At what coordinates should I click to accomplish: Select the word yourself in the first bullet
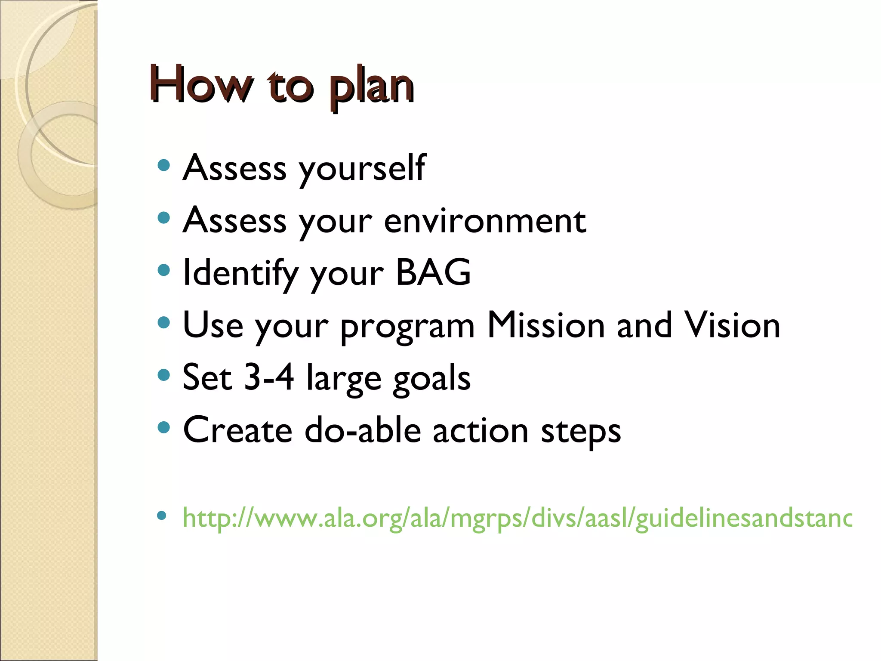pyautogui.click(x=362, y=169)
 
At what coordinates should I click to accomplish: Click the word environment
pyautogui.click(x=485, y=221)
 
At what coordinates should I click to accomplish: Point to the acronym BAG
pyautogui.click(x=433, y=272)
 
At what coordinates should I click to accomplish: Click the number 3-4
pyautogui.click(x=269, y=377)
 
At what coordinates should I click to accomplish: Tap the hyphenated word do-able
pyautogui.click(x=363, y=430)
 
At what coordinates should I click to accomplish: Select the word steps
pyautogui.click(x=580, y=432)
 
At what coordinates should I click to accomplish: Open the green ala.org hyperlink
pyautogui.click(x=516, y=518)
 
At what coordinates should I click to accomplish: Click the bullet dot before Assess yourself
pyautogui.click(x=163, y=166)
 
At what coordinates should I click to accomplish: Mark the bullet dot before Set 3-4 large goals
pyautogui.click(x=163, y=375)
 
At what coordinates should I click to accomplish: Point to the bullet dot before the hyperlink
pyautogui.click(x=162, y=516)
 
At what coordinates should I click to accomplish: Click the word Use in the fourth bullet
pyautogui.click(x=213, y=325)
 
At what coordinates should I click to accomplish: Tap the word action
pyautogui.click(x=480, y=430)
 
